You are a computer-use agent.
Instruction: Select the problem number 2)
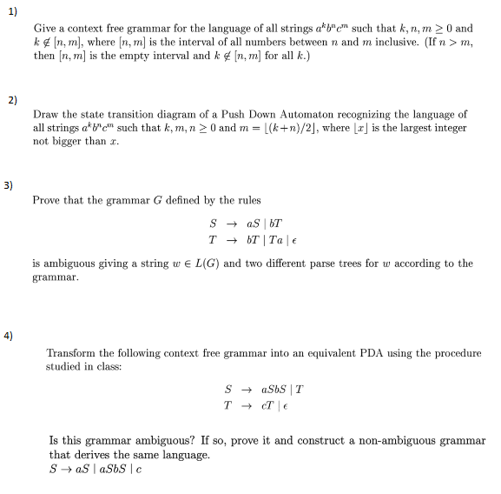[11, 99]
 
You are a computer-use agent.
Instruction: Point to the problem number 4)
[11, 335]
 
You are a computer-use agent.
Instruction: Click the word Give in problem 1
[43, 29]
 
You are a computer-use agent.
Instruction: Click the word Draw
[46, 115]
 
